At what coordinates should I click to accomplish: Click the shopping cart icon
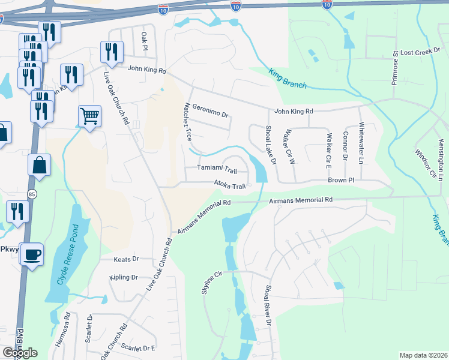(89, 116)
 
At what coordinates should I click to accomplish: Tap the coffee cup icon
(31, 254)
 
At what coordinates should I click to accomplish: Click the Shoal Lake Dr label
(270, 145)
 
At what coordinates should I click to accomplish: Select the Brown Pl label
(340, 179)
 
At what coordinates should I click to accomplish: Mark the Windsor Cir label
(426, 161)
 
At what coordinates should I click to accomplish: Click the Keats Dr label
(126, 259)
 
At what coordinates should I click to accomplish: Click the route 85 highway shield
(32, 194)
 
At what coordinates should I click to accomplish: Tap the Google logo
(20, 353)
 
